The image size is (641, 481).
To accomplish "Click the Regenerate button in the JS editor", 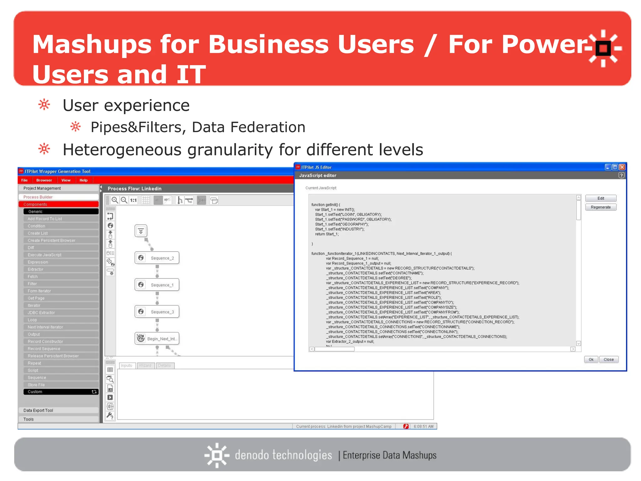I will (x=600, y=207).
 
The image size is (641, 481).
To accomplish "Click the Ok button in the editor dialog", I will (x=591, y=359).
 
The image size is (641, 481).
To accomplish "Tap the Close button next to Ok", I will (x=608, y=359).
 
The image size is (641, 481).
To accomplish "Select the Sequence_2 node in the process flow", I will (x=157, y=258).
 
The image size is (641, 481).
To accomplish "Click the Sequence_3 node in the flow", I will (x=157, y=312).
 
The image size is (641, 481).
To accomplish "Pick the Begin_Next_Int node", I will (x=157, y=339).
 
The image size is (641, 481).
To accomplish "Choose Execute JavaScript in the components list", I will (x=44, y=255).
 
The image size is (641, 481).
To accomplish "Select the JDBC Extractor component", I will (x=41, y=313).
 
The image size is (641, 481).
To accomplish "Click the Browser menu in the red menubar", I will (x=44, y=180).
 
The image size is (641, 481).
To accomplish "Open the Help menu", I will (x=83, y=180).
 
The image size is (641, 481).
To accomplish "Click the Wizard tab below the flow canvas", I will (x=145, y=365).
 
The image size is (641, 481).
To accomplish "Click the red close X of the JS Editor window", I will (x=622, y=167).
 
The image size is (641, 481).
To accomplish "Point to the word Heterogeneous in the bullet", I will (x=122, y=150).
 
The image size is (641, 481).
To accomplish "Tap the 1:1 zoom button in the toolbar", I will (x=134, y=200).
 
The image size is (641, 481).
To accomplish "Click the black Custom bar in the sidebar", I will (x=61, y=392).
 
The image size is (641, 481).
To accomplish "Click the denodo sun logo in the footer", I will (x=217, y=455).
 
